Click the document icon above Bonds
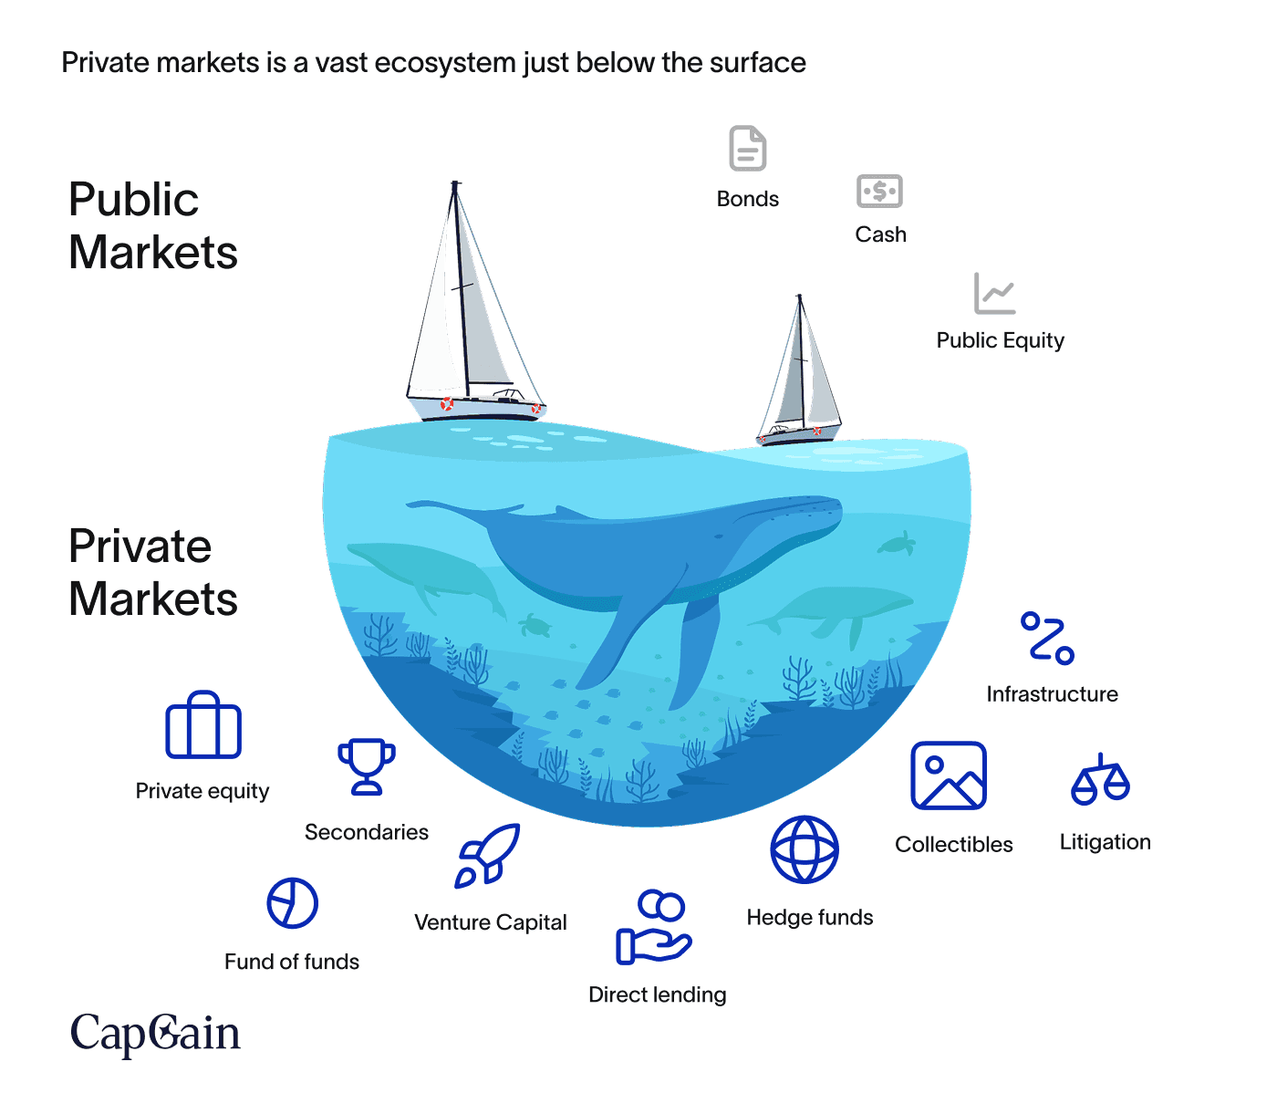[747, 149]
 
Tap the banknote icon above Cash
[879, 192]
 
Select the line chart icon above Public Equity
[994, 294]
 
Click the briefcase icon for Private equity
[203, 725]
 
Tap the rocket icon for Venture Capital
[489, 856]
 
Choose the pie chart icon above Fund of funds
[292, 903]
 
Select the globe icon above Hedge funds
[805, 849]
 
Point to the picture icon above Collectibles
[949, 776]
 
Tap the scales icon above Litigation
[1101, 780]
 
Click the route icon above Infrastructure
[1047, 637]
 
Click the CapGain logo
[156, 1033]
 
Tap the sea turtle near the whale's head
[898, 544]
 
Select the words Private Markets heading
[152, 572]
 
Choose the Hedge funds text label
[810, 917]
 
